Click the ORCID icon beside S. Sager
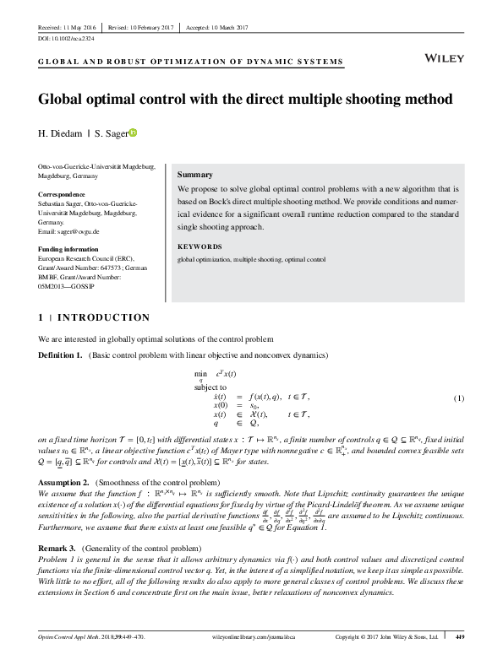tap(133, 132)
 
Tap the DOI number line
tap(68, 40)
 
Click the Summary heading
tap(194, 172)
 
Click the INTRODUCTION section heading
tap(101, 317)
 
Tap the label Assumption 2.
tap(65, 482)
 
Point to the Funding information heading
tap(79, 249)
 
